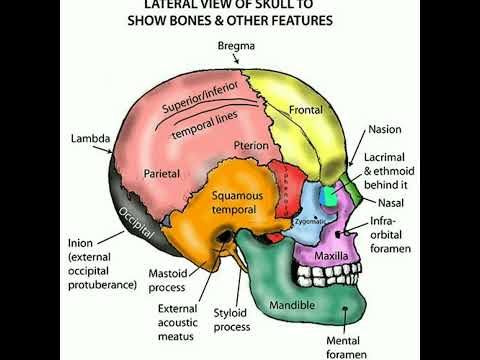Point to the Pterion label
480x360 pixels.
(x=251, y=146)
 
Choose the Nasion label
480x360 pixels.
(x=385, y=130)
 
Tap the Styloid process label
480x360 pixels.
(x=230, y=319)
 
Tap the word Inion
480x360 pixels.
(x=81, y=243)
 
